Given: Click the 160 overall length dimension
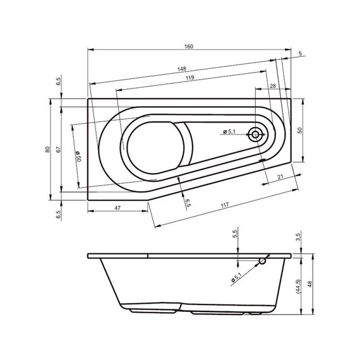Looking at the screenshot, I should coord(189,47).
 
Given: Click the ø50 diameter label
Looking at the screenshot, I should coord(78,156).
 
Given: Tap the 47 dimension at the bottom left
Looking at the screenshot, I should coord(117,207).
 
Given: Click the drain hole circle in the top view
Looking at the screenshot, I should coord(256,134).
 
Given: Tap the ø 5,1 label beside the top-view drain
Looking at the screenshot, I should coord(229,131).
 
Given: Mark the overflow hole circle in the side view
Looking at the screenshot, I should coord(262,261).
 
